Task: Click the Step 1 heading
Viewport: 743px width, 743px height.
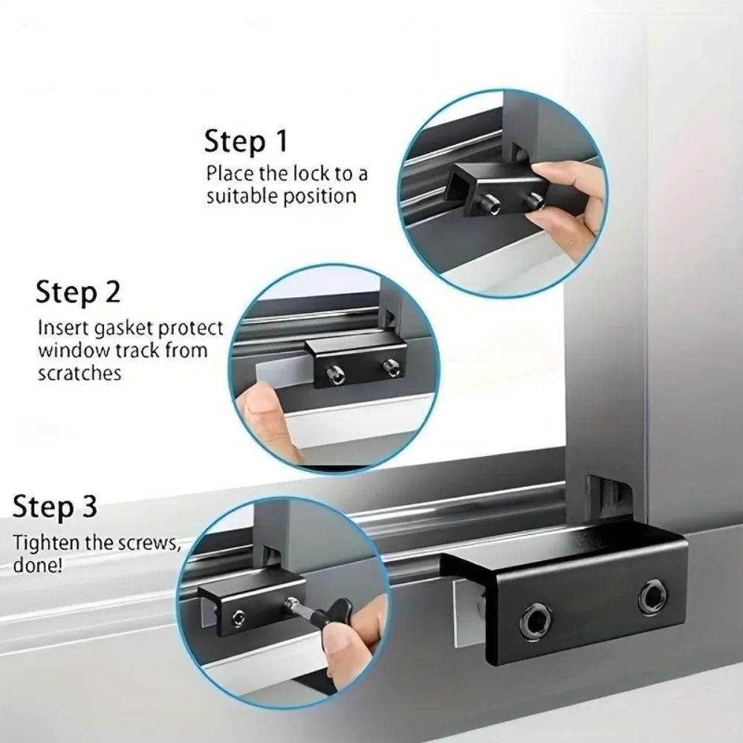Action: pyautogui.click(x=245, y=140)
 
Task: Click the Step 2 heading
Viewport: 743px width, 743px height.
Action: pyautogui.click(x=78, y=292)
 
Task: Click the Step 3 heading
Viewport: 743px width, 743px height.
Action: pyautogui.click(x=55, y=508)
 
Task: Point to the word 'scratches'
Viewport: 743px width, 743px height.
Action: pyautogui.click(x=79, y=373)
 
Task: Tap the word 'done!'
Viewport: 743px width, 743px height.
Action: pyautogui.click(x=38, y=565)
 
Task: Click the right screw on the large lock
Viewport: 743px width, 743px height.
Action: pyautogui.click(x=652, y=596)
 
